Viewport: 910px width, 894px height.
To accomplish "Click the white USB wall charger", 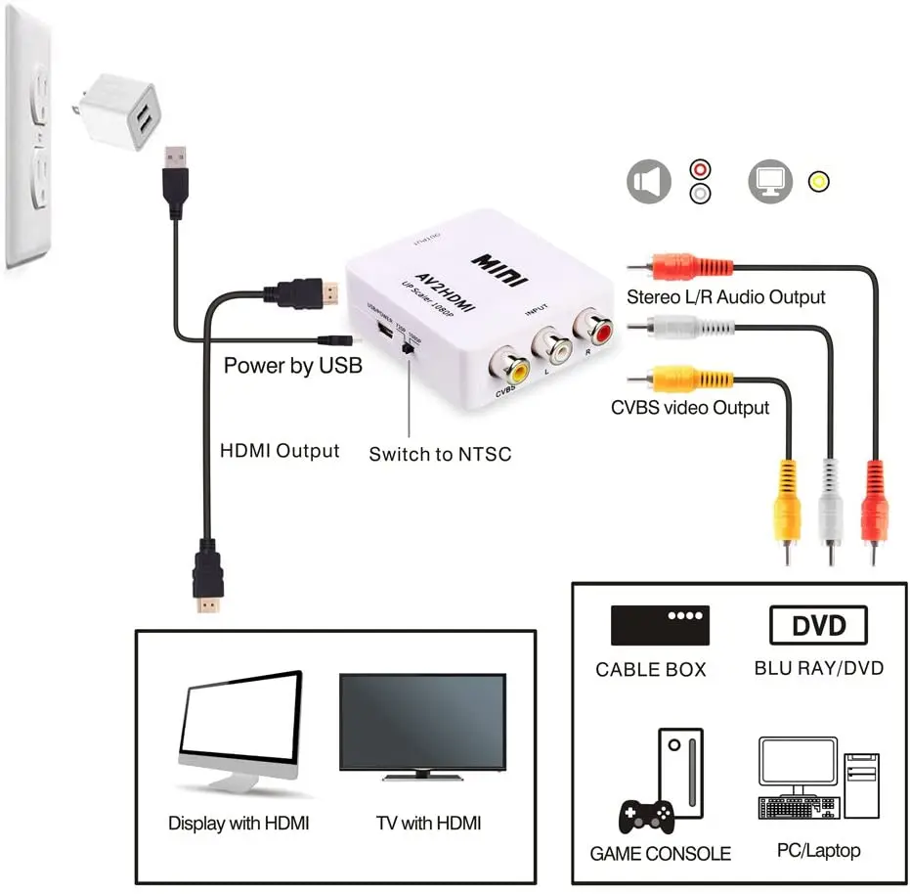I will [121, 108].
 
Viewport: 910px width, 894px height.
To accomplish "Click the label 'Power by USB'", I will [293, 366].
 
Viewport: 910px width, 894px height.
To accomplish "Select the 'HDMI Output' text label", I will [280, 451].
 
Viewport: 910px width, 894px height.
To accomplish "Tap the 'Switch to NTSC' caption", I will [440, 454].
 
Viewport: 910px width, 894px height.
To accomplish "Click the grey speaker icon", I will [649, 182].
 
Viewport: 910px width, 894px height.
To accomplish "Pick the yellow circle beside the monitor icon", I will [819, 181].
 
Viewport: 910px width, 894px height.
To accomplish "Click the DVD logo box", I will [819, 625].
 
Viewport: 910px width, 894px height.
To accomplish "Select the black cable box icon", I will [660, 625].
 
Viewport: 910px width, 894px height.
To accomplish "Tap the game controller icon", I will [646, 814].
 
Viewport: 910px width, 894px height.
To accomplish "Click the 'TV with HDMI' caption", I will [429, 823].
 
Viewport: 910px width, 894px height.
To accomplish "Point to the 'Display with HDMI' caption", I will [238, 824].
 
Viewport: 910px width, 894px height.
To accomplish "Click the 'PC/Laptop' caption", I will [818, 850].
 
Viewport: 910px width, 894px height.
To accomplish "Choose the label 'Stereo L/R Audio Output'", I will [725, 296].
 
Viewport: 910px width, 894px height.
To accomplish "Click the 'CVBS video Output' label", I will [690, 408].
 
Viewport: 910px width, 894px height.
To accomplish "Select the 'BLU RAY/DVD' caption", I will [819, 669].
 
